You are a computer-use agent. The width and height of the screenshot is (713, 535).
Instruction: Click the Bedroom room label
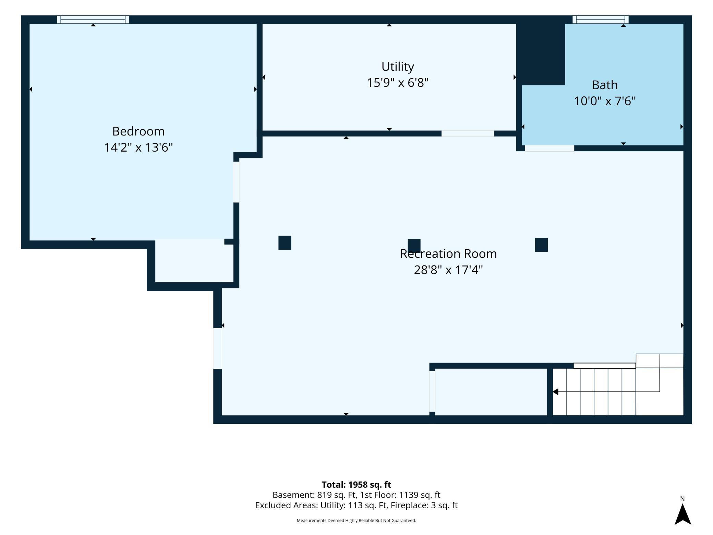[x=138, y=131]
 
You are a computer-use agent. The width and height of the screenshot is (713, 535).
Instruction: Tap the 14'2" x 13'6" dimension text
[x=138, y=147]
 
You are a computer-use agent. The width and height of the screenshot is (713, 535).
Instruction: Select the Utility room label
[x=398, y=67]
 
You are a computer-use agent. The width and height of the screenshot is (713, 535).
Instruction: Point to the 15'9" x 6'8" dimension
[x=398, y=83]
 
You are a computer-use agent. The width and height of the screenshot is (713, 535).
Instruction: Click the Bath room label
[x=605, y=85]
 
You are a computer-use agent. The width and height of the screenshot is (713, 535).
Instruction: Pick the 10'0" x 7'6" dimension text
[x=605, y=101]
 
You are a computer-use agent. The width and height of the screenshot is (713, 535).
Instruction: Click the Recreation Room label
[x=448, y=254]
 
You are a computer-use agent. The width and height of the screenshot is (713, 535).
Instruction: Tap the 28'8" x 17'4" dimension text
[x=448, y=270]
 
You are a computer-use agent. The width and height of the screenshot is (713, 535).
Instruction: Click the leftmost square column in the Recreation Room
[x=285, y=242]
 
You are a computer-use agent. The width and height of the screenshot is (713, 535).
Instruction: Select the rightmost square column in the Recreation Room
[x=541, y=245]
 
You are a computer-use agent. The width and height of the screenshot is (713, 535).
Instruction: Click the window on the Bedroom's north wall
[x=93, y=20]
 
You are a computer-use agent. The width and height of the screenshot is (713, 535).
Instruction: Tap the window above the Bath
[x=600, y=20]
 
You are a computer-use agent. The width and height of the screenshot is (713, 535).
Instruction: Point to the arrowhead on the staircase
[x=556, y=392]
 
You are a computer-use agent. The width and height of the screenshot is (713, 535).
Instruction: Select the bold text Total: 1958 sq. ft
[x=356, y=485]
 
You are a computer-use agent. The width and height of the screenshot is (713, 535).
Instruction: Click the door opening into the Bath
[x=549, y=148]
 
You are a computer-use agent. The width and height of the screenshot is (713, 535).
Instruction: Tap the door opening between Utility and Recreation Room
[x=468, y=133]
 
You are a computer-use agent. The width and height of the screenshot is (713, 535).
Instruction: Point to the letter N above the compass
[x=682, y=499]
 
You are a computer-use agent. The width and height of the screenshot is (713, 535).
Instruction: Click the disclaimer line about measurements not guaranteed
[x=356, y=520]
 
